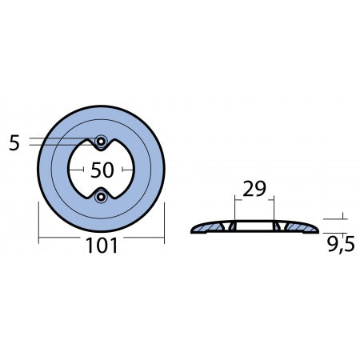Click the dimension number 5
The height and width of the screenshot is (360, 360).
[x=14, y=144]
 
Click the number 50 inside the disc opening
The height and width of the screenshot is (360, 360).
[x=101, y=170]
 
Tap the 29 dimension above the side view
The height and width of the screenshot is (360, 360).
[x=253, y=190]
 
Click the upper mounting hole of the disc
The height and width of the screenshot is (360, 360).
[x=101, y=142]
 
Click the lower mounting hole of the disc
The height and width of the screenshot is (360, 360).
[x=101, y=197]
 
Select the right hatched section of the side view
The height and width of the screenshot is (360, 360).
[x=296, y=228]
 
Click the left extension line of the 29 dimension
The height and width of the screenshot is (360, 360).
[x=234, y=210]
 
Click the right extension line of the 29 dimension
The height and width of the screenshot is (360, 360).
[x=272, y=210]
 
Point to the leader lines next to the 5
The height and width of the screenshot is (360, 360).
[x=60, y=142]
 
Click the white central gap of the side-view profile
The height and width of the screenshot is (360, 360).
[x=253, y=228]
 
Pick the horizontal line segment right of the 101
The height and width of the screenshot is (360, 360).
[x=144, y=238]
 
